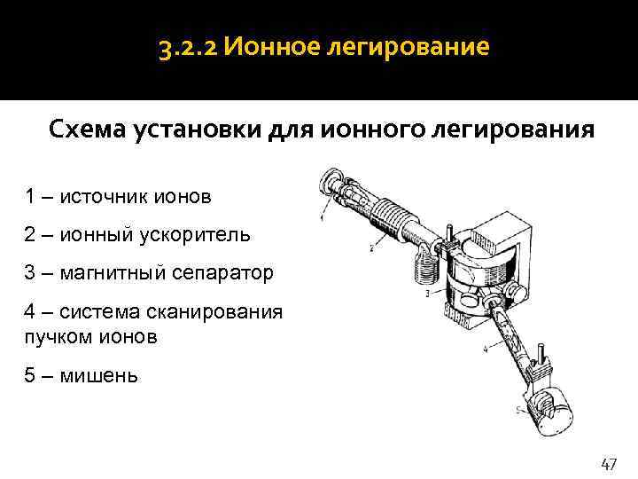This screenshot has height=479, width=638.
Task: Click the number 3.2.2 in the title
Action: click(x=188, y=48)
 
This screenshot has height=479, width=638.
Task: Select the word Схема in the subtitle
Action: click(x=87, y=130)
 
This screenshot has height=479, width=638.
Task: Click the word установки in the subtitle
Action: click(x=198, y=130)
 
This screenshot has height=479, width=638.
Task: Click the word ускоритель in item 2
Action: click(x=195, y=235)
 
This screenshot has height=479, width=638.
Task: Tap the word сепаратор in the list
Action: click(x=222, y=274)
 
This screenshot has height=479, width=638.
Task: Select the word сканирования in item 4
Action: click(x=214, y=313)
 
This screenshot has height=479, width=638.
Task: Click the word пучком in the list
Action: click(x=59, y=338)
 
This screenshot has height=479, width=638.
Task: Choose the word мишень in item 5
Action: click(x=98, y=376)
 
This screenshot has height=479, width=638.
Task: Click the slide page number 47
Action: click(x=609, y=464)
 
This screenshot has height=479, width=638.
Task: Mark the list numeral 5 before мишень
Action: click(x=30, y=375)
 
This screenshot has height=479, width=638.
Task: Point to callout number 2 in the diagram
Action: click(x=371, y=247)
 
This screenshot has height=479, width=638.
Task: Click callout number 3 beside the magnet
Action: click(x=427, y=294)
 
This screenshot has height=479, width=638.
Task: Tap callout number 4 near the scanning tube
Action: click(x=486, y=349)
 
